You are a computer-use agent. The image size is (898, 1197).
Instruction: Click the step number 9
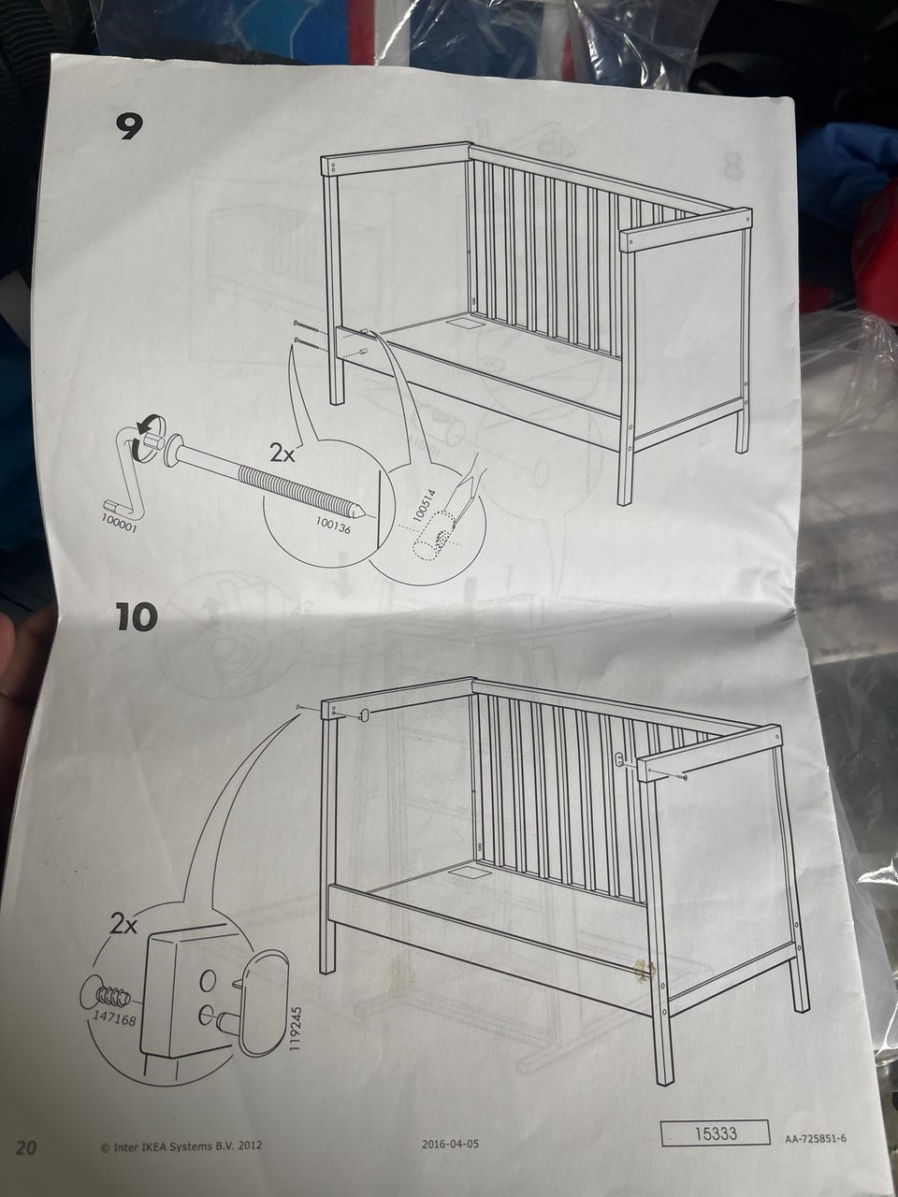tap(129, 126)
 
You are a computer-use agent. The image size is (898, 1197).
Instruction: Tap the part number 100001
tap(120, 523)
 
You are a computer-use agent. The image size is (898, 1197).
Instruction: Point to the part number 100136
tap(333, 525)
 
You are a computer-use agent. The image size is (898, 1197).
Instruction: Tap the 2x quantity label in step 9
tap(282, 452)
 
